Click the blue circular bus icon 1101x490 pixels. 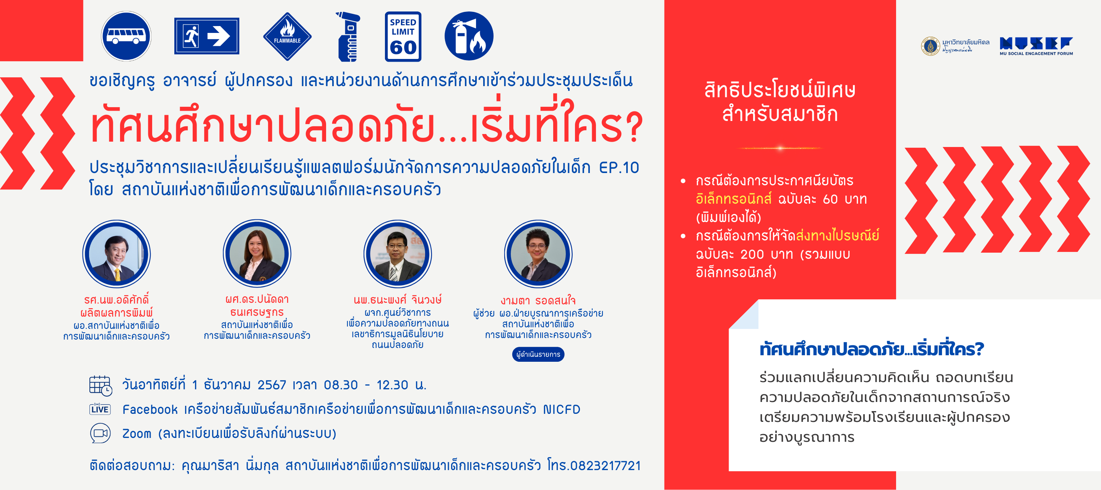(126, 36)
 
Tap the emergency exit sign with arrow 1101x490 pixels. (206, 36)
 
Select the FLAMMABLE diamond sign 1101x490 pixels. (287, 36)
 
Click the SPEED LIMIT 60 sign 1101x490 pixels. (403, 36)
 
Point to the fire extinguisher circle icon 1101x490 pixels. (469, 36)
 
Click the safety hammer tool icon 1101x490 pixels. (348, 37)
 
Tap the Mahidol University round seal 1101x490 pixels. (930, 46)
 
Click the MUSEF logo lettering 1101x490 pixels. (1036, 43)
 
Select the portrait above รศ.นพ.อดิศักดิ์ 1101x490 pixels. (116, 254)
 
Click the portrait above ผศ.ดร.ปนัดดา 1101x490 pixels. (257, 254)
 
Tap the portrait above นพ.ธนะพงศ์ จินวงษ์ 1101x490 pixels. (398, 254)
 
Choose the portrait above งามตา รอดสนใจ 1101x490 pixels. (538, 254)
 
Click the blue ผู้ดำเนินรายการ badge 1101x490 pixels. (538, 354)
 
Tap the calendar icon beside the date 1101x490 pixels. (101, 385)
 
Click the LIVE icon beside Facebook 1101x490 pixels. (100, 409)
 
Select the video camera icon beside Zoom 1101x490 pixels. (101, 433)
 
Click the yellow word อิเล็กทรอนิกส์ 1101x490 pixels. (734, 199)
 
